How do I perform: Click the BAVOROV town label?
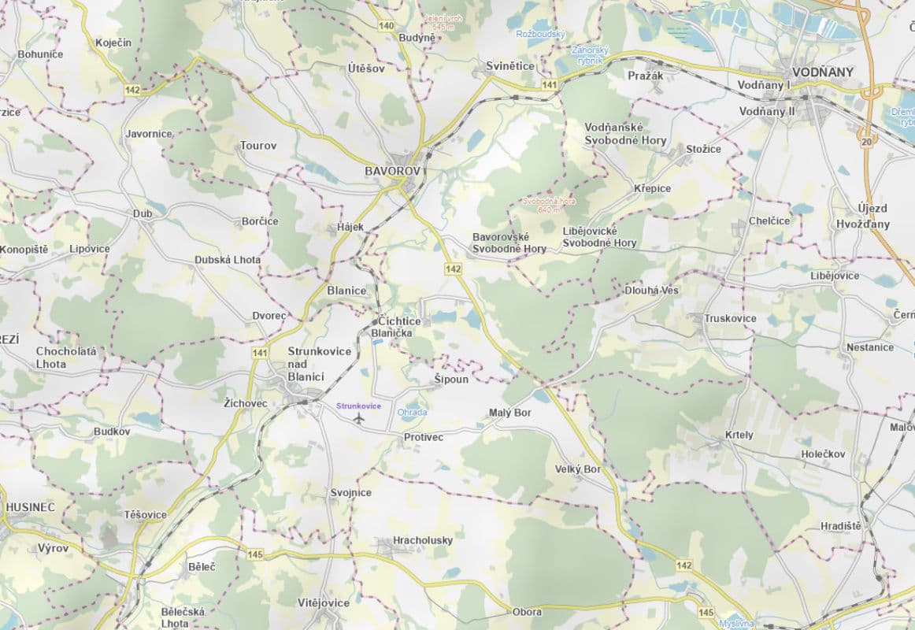pyautogui.click(x=393, y=170)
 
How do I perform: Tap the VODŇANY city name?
pyautogui.click(x=823, y=72)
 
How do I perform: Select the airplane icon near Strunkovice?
pyautogui.click(x=361, y=417)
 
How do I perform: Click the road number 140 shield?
pyautogui.click(x=386, y=26)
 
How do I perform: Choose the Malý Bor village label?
pyautogui.click(x=510, y=413)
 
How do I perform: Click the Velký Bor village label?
pyautogui.click(x=577, y=469)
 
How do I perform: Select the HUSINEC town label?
pyautogui.click(x=30, y=507)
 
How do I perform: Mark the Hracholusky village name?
pyautogui.click(x=424, y=540)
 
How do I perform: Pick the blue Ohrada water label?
pyautogui.click(x=413, y=413)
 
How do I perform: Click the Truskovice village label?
pyautogui.click(x=730, y=318)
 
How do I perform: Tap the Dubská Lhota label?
pyautogui.click(x=228, y=260)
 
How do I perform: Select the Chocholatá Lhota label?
pyautogui.click(x=66, y=358)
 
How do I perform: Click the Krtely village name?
pyautogui.click(x=739, y=435)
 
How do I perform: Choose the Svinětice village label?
pyautogui.click(x=509, y=66)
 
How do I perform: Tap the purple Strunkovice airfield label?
pyautogui.click(x=358, y=406)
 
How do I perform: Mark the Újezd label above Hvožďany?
pyautogui.click(x=872, y=209)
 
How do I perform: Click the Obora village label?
pyautogui.click(x=527, y=612)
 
